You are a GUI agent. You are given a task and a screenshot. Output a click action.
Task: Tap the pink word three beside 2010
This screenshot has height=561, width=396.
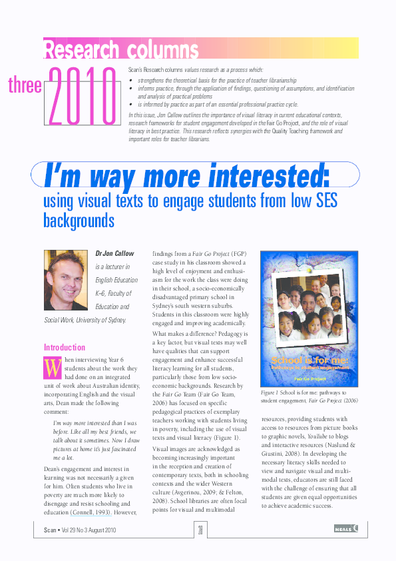[x=25, y=85]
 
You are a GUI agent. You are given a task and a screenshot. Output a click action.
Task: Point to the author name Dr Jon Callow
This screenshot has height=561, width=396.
[x=114, y=253]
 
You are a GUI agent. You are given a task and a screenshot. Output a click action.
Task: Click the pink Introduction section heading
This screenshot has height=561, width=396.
[x=65, y=347]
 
